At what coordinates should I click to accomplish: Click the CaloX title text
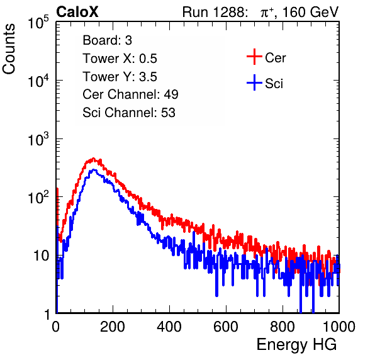[77, 12]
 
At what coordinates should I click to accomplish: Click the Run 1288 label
[214, 12]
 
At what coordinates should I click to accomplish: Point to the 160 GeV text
[311, 12]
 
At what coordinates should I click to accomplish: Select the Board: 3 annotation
[107, 40]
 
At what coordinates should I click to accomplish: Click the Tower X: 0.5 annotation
[120, 59]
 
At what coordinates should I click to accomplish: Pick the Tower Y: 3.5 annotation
[120, 77]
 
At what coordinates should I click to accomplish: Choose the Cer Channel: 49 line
[130, 94]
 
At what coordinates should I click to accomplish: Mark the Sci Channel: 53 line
[129, 113]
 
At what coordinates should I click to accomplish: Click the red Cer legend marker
[254, 57]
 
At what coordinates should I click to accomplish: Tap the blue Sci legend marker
[254, 82]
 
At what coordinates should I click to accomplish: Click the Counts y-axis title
[9, 49]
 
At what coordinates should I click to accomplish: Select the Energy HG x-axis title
[296, 345]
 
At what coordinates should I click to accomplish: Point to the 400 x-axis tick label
[169, 327]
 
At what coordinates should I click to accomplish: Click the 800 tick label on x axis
[283, 327]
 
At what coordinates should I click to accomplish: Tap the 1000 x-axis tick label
[339, 327]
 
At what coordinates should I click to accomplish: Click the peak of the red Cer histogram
[94, 159]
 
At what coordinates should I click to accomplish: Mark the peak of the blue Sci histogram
[94, 169]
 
